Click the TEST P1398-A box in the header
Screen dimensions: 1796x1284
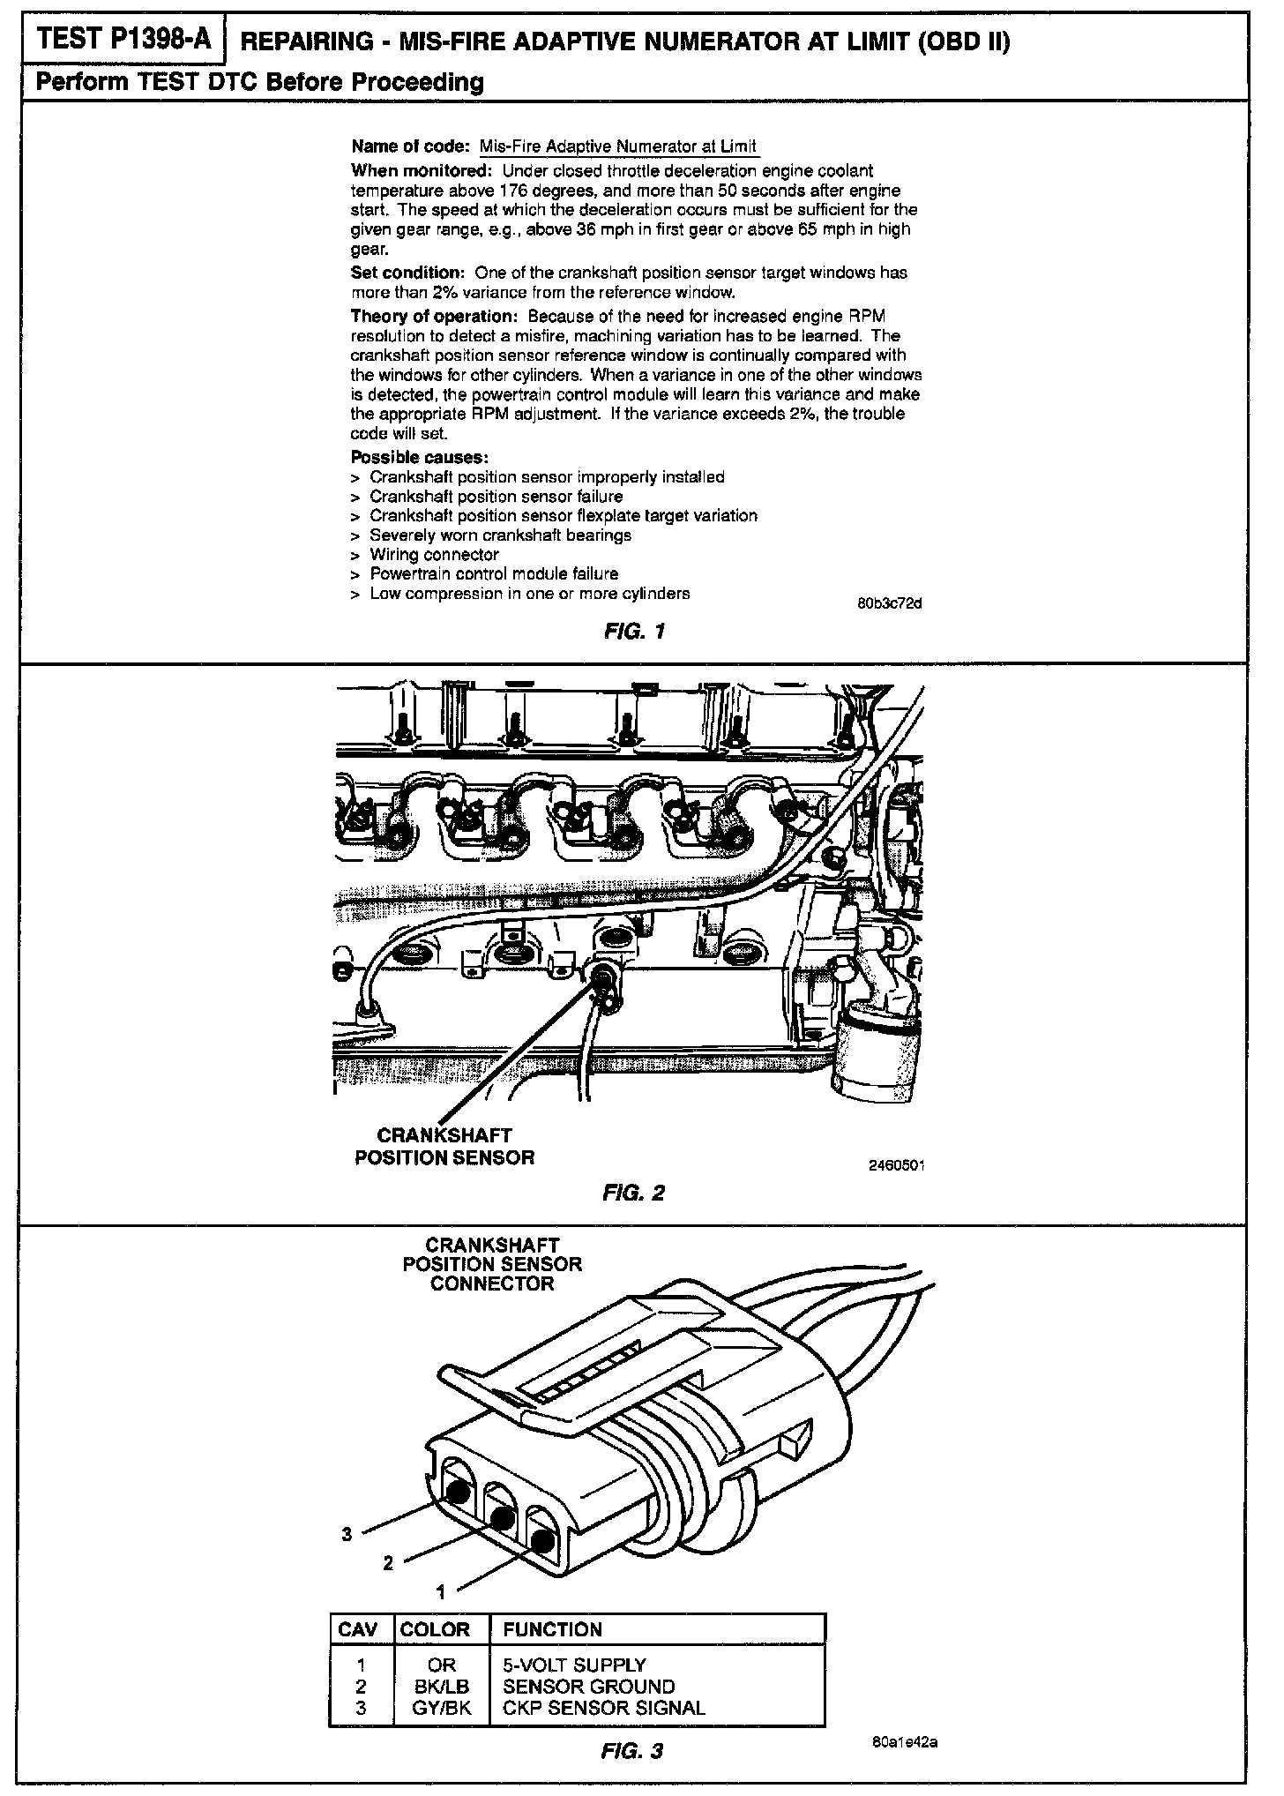pos(123,41)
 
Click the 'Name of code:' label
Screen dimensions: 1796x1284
pos(411,146)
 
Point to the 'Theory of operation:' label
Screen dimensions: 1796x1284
pos(435,316)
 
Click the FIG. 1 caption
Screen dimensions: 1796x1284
pos(634,631)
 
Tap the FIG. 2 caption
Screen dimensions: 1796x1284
pos(634,1194)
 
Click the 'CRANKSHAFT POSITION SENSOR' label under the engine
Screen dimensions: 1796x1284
pos(444,1146)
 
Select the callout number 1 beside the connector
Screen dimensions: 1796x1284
pos(441,1591)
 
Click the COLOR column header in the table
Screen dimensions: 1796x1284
pos(435,1629)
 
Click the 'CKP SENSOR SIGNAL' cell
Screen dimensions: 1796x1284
pos(604,1707)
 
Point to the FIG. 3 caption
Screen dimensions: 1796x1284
pos(632,1750)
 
